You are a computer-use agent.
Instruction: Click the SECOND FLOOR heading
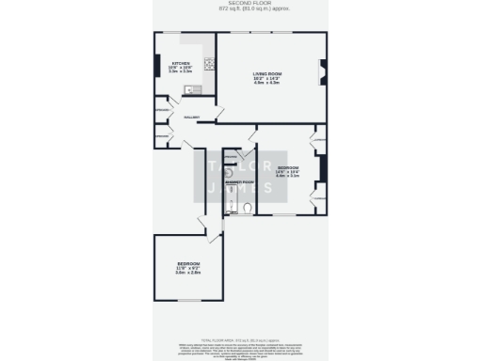coord(240,4)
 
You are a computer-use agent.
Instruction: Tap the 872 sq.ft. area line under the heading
coord(240,9)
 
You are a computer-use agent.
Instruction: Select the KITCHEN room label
coord(168,64)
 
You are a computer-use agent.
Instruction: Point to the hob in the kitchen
coord(209,67)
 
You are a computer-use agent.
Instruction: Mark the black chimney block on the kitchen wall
coord(156,67)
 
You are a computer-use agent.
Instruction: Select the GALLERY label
coord(191,118)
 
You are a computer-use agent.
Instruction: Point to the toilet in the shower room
coord(247,209)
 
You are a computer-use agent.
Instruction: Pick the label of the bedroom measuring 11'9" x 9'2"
coord(187,263)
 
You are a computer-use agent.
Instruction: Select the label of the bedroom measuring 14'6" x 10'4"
coord(287,166)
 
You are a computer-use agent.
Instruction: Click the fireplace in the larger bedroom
coord(322,169)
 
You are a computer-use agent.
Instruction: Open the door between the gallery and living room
coord(218,114)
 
